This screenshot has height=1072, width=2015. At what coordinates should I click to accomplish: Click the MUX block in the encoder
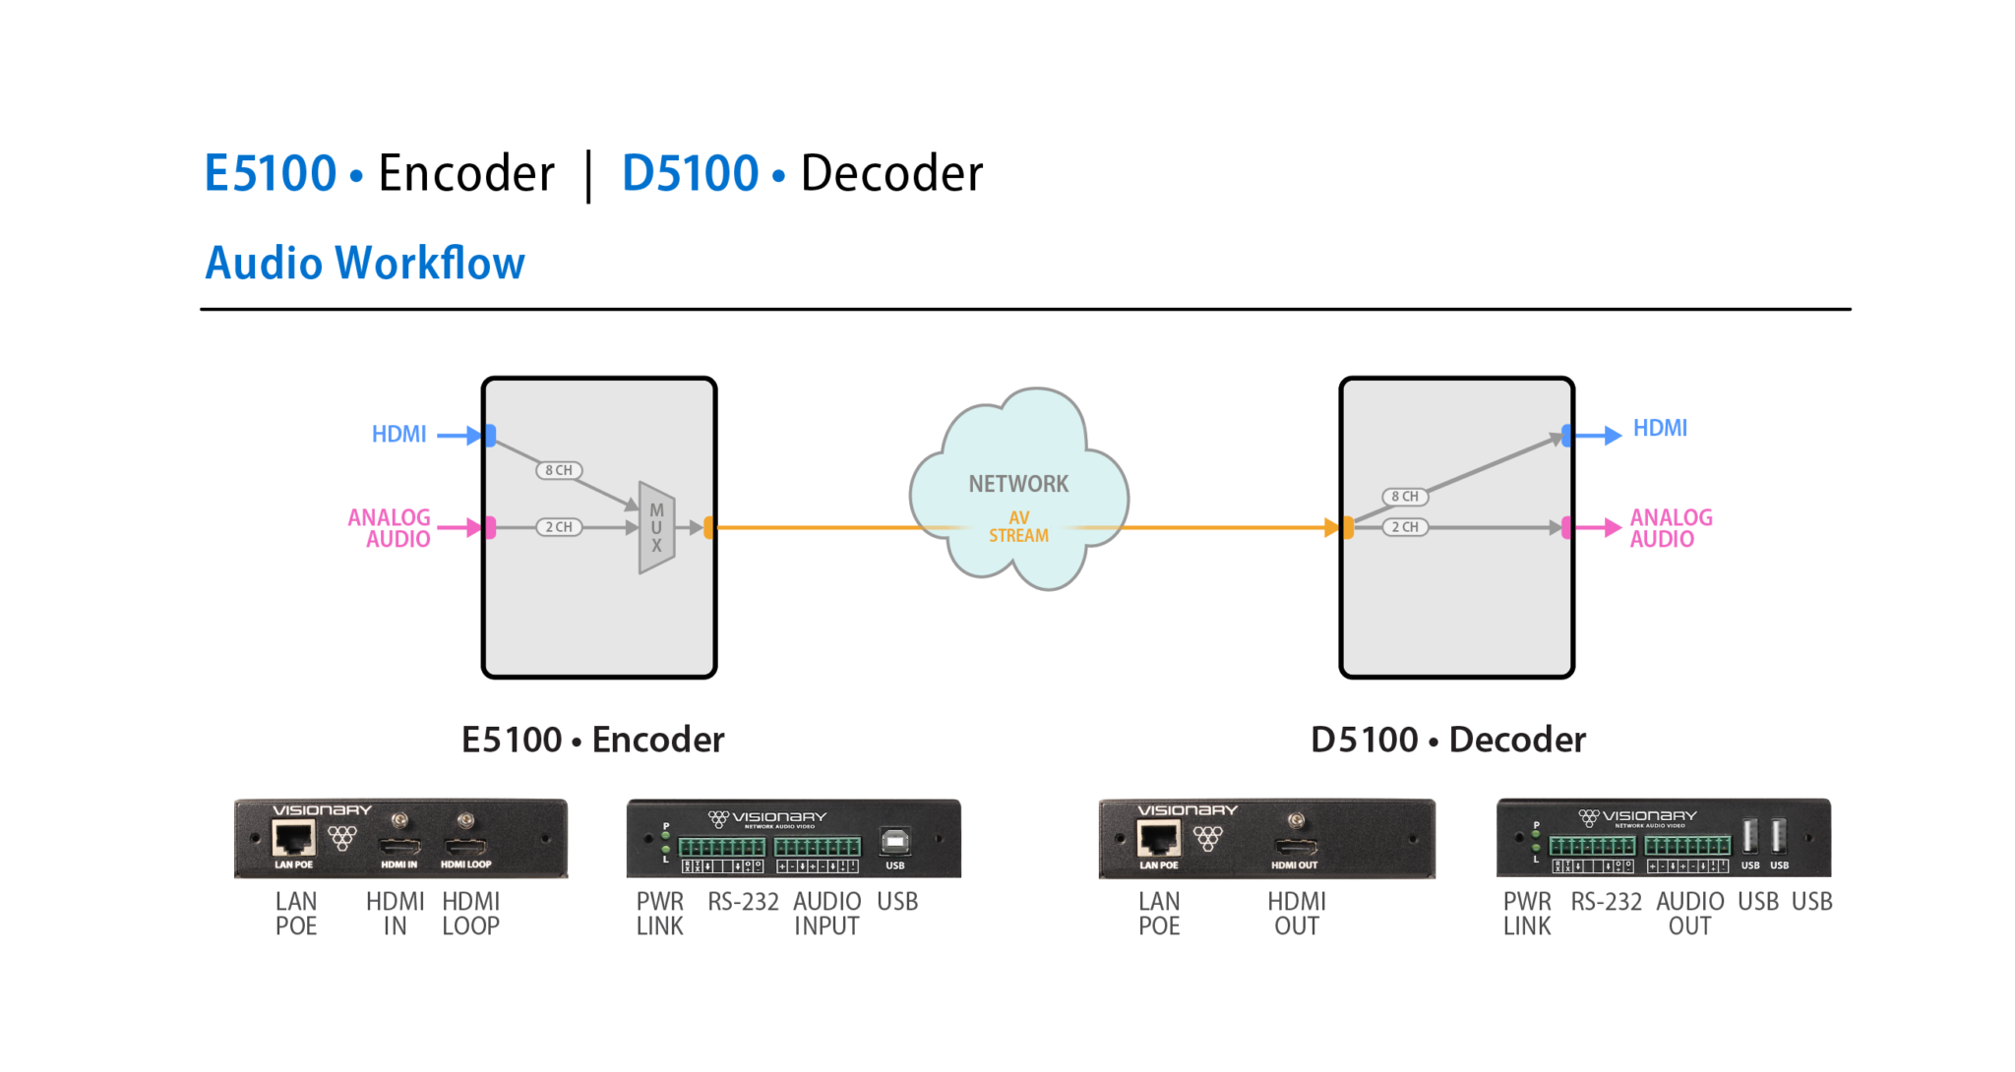pyautogui.click(x=656, y=528)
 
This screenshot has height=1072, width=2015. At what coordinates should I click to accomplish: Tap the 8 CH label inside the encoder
pyautogui.click(x=559, y=470)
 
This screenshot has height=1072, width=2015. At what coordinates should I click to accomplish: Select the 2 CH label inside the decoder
pyautogui.click(x=1405, y=527)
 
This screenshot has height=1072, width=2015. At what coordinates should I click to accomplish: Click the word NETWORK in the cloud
pyautogui.click(x=1018, y=484)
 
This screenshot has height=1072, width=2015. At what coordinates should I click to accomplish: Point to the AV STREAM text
pyautogui.click(x=1018, y=527)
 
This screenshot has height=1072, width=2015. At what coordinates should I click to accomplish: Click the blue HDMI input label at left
pyautogui.click(x=398, y=434)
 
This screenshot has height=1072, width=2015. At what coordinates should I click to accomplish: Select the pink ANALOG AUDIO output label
pyautogui.click(x=1671, y=528)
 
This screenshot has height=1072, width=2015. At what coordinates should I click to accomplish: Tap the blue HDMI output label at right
pyautogui.click(x=1660, y=428)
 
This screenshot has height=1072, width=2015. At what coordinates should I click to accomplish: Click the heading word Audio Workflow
pyautogui.click(x=364, y=264)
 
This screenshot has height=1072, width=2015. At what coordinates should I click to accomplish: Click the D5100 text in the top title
pyautogui.click(x=690, y=174)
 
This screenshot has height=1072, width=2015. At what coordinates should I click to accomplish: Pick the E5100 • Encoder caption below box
pyautogui.click(x=592, y=740)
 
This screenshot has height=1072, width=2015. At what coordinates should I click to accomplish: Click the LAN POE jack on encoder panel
pyautogui.click(x=293, y=839)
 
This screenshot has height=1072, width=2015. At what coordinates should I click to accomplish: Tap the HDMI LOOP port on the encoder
pyautogui.click(x=466, y=847)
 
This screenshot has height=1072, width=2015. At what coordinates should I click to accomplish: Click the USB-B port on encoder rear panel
pyautogui.click(x=894, y=842)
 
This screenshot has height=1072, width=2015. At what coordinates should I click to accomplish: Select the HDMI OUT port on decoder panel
pyautogui.click(x=1296, y=848)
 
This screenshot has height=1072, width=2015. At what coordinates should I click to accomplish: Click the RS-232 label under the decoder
pyautogui.click(x=1606, y=902)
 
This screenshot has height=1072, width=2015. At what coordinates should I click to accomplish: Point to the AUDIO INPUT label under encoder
pyautogui.click(x=826, y=914)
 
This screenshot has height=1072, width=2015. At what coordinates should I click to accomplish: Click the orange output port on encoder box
pyautogui.click(x=708, y=528)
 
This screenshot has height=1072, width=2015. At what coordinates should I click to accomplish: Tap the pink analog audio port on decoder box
pyautogui.click(x=1567, y=528)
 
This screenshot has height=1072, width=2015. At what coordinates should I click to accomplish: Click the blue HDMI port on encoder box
pyautogui.click(x=490, y=435)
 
